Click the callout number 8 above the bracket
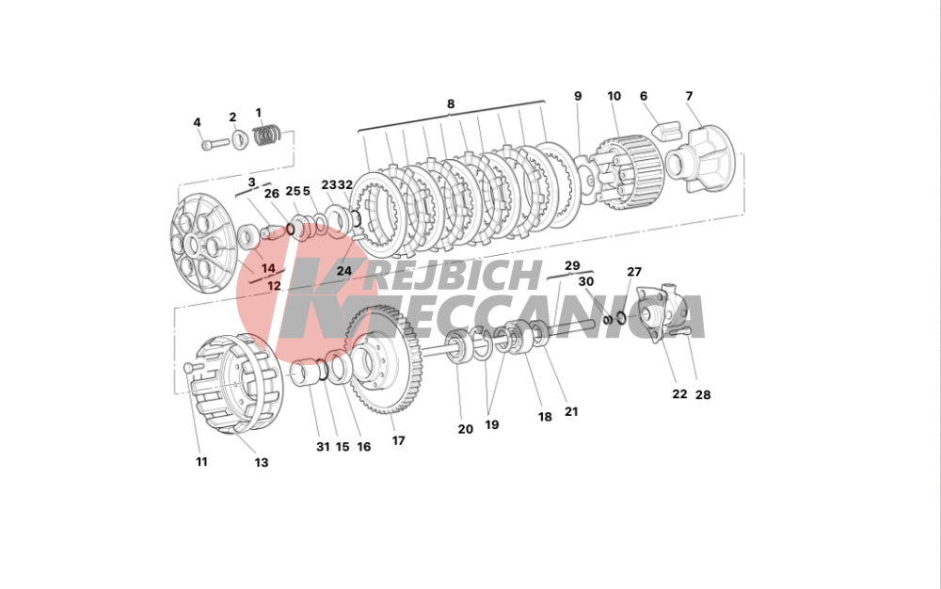click(x=451, y=103)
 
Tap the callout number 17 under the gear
click(x=398, y=441)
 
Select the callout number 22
click(x=679, y=394)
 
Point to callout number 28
click(x=703, y=394)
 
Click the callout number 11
click(x=201, y=462)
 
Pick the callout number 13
click(x=261, y=462)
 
